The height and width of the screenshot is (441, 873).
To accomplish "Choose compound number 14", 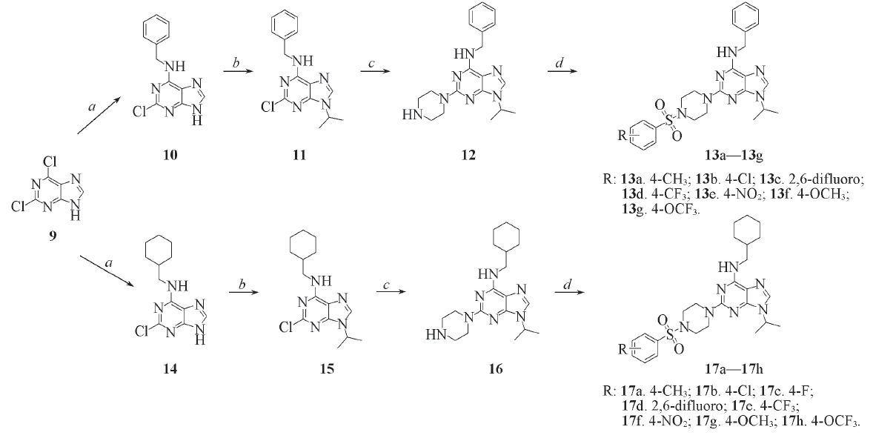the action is [x=170, y=368].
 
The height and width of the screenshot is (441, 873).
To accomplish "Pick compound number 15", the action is [x=327, y=368].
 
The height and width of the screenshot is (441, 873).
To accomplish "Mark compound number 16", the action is [x=495, y=368].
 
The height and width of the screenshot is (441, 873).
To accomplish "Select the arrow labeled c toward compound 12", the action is [x=376, y=71].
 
